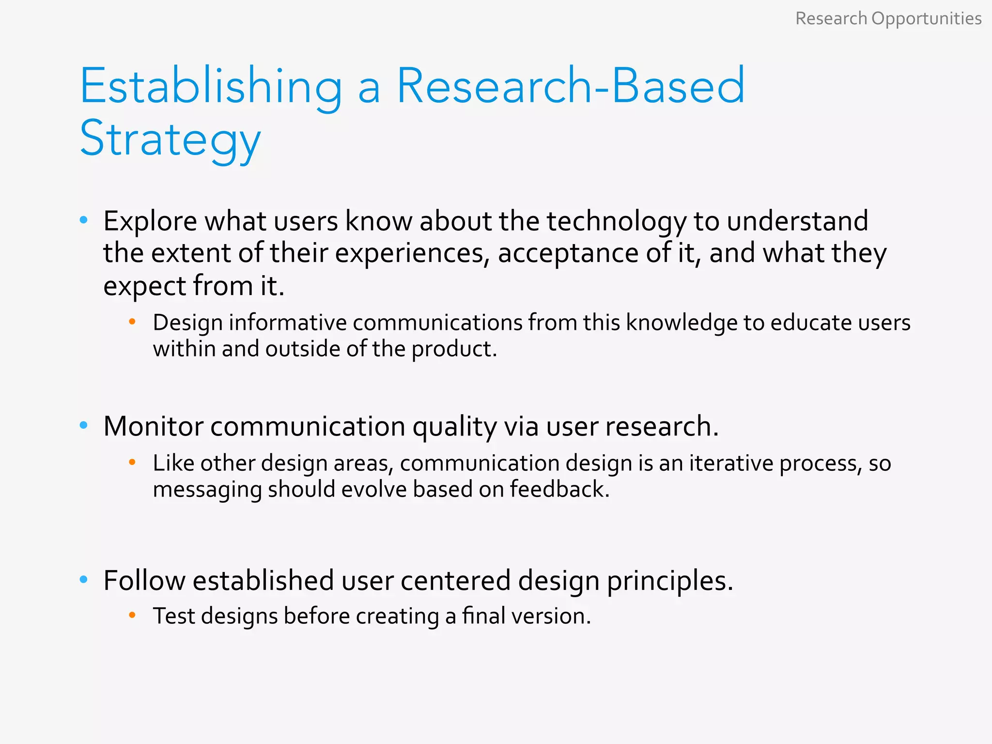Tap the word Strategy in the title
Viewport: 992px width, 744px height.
pyautogui.click(x=170, y=139)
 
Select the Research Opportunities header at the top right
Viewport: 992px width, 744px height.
pyautogui.click(x=888, y=18)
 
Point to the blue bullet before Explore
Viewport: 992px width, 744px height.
pyautogui.click(x=83, y=220)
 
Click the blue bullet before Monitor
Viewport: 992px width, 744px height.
pyautogui.click(x=83, y=426)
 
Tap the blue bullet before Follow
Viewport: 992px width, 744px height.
pyautogui.click(x=83, y=579)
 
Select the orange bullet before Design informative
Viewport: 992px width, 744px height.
pyautogui.click(x=132, y=322)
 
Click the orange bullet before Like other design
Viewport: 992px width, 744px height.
pyautogui.click(x=132, y=462)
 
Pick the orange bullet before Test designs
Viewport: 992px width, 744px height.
pyautogui.click(x=132, y=615)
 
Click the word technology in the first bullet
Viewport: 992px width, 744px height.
pyautogui.click(x=617, y=222)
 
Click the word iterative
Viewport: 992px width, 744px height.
pyautogui.click(x=731, y=463)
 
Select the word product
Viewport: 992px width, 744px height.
pyautogui.click(x=454, y=349)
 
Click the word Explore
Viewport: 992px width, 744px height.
pyautogui.click(x=150, y=222)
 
